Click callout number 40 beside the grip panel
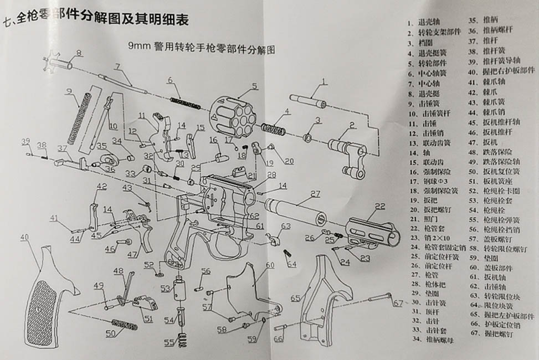pyautogui.click(x=24, y=237)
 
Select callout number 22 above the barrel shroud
pyautogui.click(x=379, y=206)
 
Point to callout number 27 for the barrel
pyautogui.click(x=315, y=194)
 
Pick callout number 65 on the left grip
pyautogui.click(x=295, y=299)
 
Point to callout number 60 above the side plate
pyautogui.click(x=270, y=265)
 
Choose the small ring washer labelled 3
pyautogui.click(x=310, y=136)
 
